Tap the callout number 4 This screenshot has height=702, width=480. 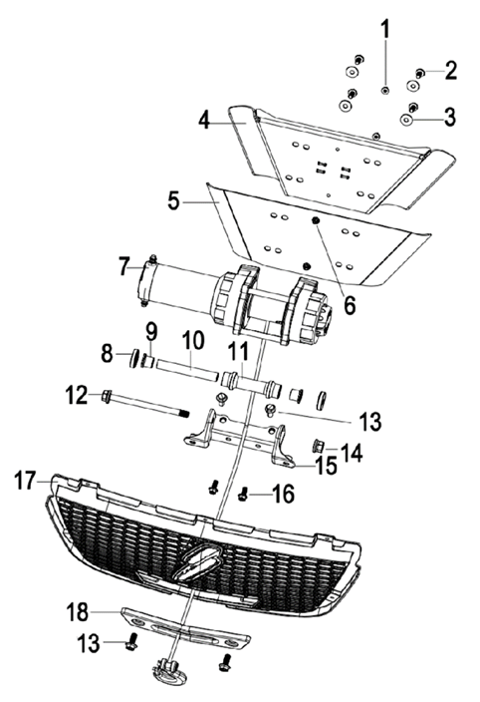point(204,121)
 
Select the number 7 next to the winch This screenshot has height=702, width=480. point(123,266)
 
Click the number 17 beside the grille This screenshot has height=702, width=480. point(26,482)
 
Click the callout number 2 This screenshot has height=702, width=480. point(450,70)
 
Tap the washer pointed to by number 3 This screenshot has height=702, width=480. point(408,118)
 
